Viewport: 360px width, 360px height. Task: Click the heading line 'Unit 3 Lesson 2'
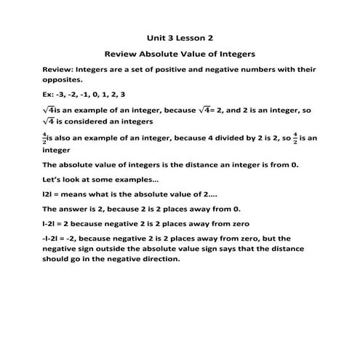click(x=179, y=36)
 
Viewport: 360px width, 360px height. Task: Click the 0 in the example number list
click(x=98, y=94)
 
